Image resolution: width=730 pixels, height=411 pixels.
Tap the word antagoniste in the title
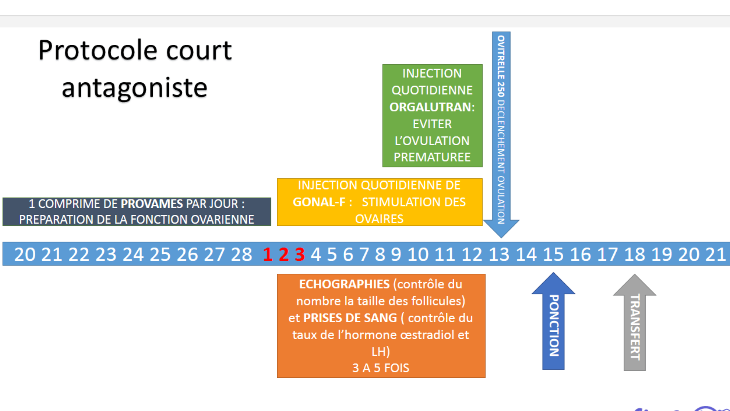tap(134, 88)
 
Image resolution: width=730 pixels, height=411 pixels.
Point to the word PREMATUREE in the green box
tap(432, 157)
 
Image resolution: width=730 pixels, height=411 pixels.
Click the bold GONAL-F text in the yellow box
tap(319, 202)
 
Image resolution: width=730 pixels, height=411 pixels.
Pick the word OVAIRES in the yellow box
tap(379, 219)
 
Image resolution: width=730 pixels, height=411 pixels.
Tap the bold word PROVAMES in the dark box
tap(152, 204)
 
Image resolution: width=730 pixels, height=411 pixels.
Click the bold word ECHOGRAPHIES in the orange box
tap(344, 284)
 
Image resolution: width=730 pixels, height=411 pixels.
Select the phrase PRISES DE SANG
tap(350, 318)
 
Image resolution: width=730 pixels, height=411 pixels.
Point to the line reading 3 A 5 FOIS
tap(381, 368)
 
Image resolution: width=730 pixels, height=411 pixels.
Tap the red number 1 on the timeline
tap(268, 254)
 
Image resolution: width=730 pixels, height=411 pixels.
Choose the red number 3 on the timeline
tap(300, 254)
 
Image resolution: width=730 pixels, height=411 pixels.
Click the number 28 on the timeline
tap(241, 254)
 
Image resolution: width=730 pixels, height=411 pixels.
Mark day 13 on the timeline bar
tap(499, 254)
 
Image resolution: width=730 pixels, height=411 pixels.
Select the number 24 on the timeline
tap(133, 254)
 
